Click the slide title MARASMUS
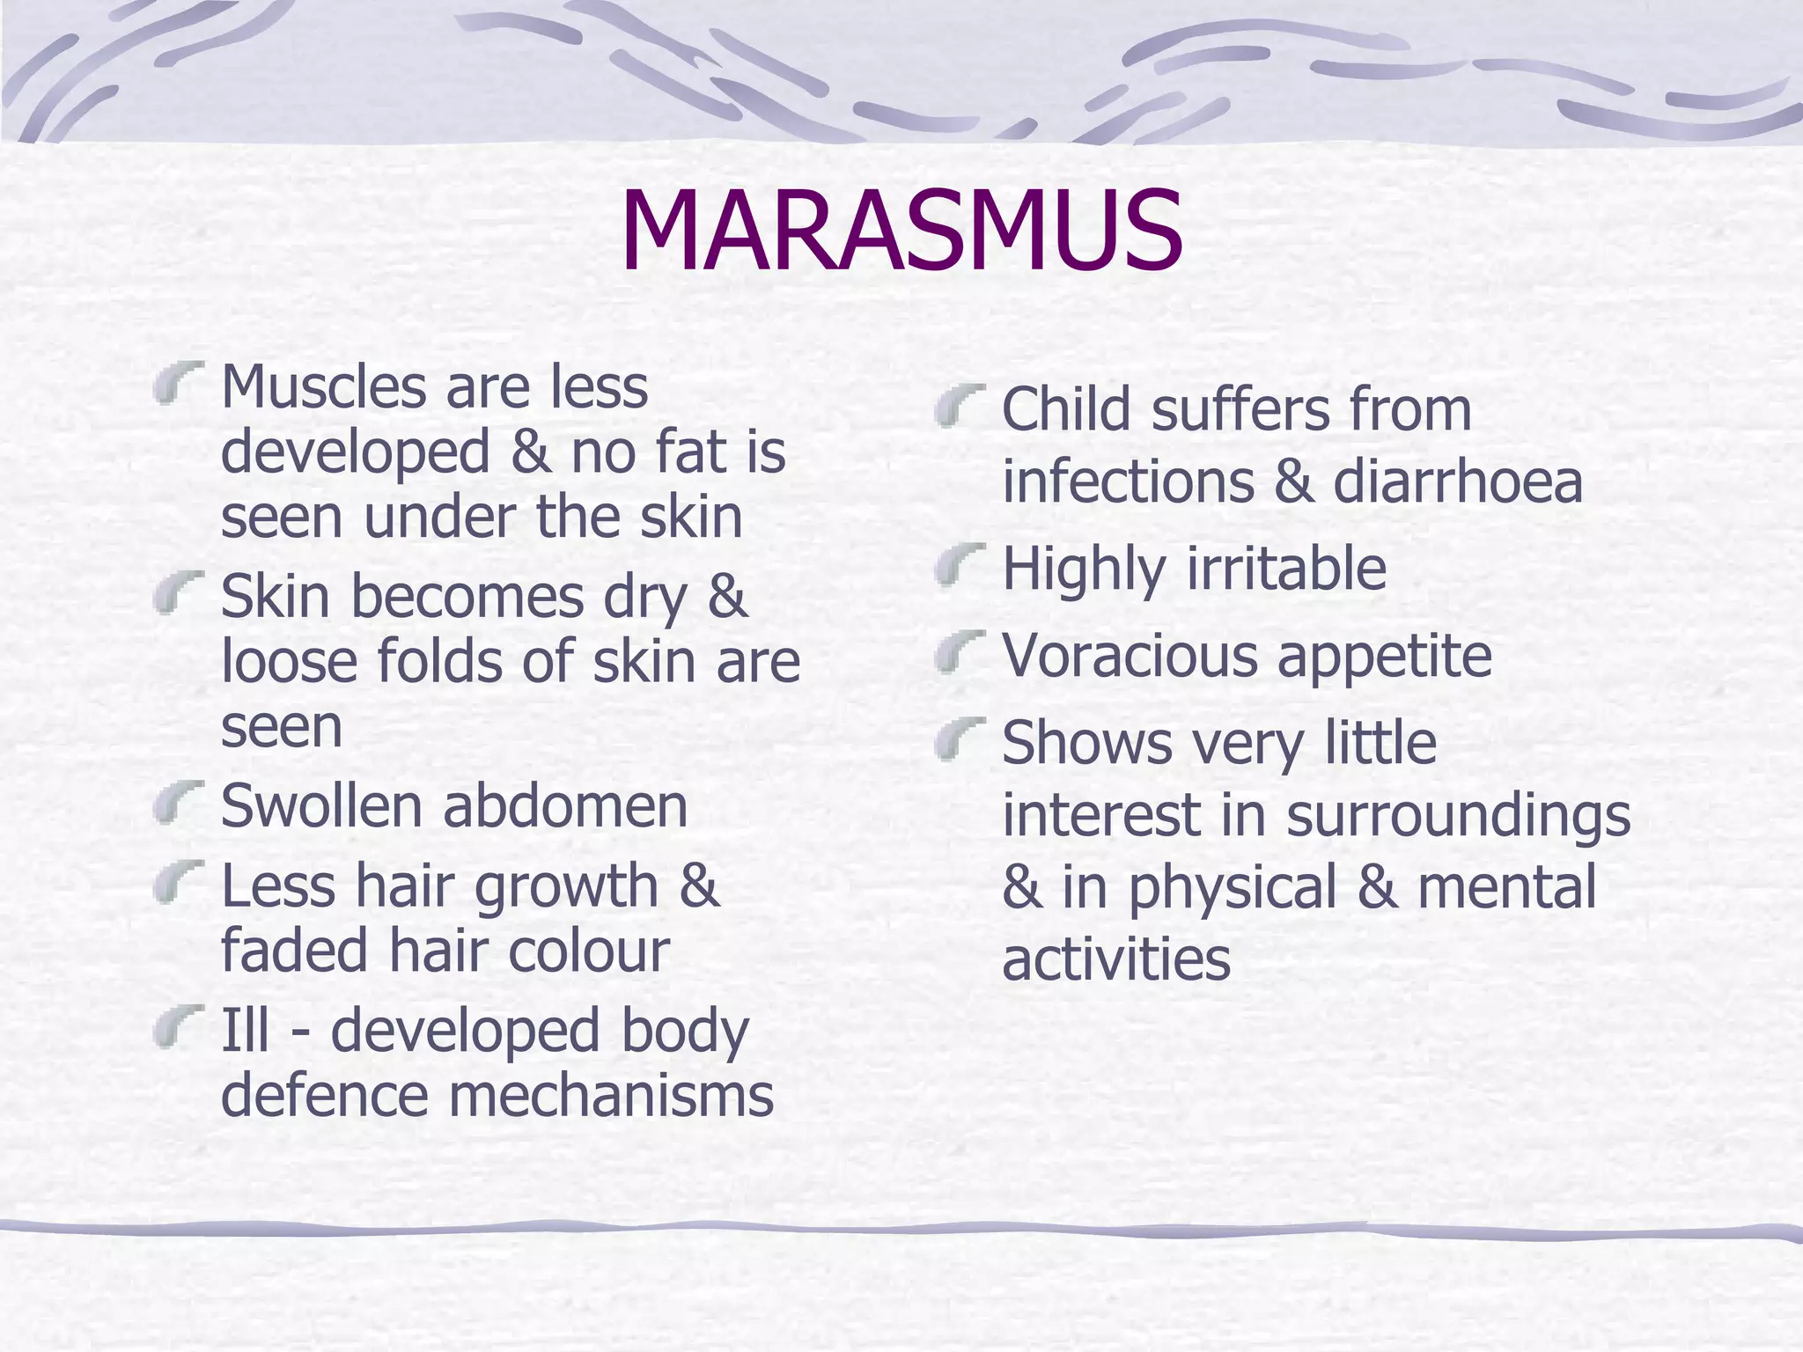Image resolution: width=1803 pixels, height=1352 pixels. tap(901, 232)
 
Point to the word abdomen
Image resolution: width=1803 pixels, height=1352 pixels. tap(564, 805)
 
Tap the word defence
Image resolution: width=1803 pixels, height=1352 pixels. tap(322, 1096)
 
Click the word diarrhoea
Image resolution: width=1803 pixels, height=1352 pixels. tap(1457, 482)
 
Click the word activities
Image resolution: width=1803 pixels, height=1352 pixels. tap(1115, 959)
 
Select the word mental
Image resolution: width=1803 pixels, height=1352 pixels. tap(1506, 887)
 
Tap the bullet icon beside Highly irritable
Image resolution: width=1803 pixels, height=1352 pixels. tap(959, 565)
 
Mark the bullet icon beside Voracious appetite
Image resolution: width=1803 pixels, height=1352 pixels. tap(959, 652)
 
